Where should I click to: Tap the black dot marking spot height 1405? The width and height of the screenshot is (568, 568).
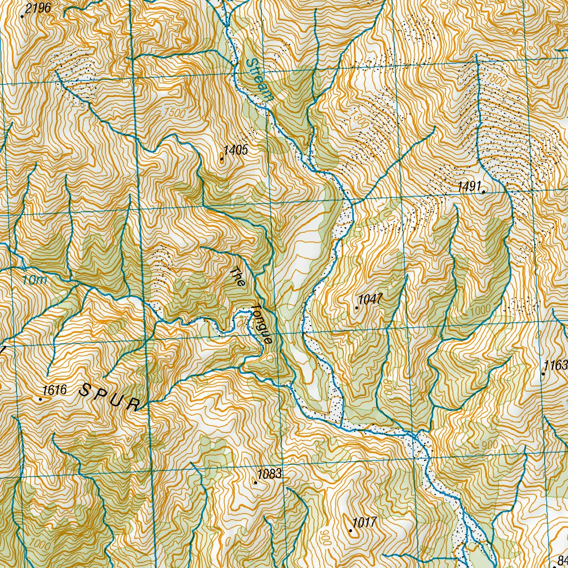point(222,160)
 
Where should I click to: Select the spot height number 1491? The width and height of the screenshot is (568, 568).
point(469,186)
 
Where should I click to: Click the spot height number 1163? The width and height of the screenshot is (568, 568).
point(556,366)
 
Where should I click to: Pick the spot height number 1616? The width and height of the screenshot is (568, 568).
point(55,390)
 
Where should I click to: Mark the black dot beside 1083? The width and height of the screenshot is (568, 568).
point(255,483)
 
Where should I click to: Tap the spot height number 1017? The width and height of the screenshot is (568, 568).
point(365,522)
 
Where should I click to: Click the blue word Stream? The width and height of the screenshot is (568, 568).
point(260,79)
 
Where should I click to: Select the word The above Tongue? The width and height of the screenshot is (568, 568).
point(237,277)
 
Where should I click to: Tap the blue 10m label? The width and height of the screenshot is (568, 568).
point(35,281)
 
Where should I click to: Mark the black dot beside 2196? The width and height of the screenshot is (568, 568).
point(22,16)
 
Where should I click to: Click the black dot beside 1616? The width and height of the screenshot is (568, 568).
point(40,398)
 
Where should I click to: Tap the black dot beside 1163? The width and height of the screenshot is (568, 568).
point(543,374)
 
